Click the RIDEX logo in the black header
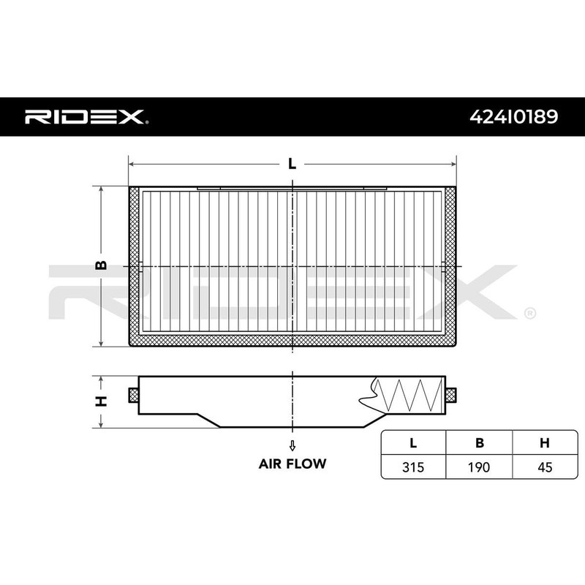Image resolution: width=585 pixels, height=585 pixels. [x=86, y=117]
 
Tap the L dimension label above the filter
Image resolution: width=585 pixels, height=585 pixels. [x=292, y=164]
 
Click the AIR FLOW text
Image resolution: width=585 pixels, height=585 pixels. [x=292, y=463]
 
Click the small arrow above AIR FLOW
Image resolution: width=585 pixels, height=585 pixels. [x=292, y=445]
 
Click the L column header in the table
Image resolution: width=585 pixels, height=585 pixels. [x=412, y=442]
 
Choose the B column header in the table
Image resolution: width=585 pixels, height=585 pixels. [x=478, y=442]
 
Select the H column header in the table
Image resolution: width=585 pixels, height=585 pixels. [x=543, y=442]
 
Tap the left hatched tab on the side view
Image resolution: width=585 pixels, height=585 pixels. [x=133, y=396]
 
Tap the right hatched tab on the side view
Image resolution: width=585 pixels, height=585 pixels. [x=451, y=396]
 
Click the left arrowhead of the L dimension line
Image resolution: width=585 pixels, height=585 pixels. [x=132, y=164]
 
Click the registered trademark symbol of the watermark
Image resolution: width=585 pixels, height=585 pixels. [x=529, y=314]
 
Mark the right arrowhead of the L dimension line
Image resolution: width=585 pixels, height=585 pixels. [x=453, y=164]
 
